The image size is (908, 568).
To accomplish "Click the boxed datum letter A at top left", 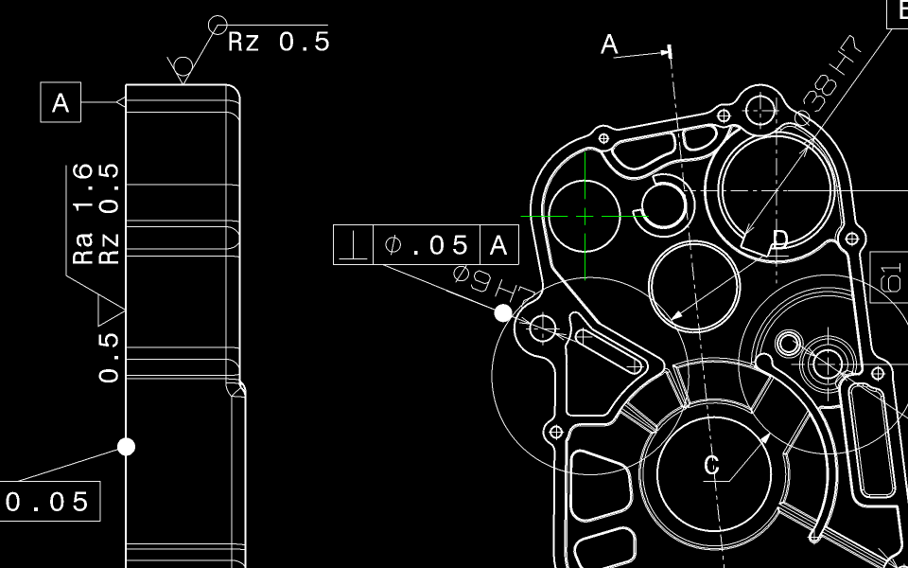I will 61,102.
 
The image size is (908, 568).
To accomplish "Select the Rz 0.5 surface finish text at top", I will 279,42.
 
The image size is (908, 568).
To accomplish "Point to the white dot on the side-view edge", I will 126,446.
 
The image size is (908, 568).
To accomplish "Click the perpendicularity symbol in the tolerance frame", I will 355,246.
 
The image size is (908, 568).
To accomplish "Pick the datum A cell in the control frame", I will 500,246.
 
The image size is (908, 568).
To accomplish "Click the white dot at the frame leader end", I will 503,312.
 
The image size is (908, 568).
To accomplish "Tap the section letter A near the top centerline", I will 610,44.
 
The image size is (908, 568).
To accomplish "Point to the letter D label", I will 779,240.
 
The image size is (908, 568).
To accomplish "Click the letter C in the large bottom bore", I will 712,464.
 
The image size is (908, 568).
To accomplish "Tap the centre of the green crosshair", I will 585,216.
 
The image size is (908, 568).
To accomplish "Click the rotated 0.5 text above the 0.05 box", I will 110,355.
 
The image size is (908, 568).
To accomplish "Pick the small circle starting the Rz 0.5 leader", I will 218,23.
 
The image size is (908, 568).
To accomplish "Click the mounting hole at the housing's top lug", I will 760,109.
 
